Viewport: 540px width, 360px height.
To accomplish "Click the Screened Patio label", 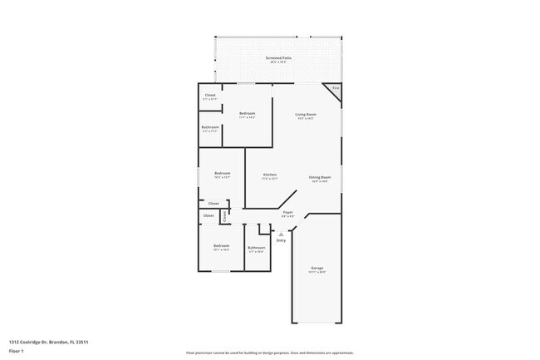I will coord(277,58).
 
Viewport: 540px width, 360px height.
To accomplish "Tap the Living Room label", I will coord(306,114).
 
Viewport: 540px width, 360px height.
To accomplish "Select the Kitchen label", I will coord(269,174).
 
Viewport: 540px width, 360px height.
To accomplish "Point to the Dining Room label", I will coord(320,177).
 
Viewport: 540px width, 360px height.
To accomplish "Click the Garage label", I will coord(317,268).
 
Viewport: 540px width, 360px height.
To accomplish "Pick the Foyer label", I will coord(287,212).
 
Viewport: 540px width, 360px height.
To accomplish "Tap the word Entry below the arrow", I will coord(281,240).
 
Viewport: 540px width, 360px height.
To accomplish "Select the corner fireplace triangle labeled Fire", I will coord(336,89).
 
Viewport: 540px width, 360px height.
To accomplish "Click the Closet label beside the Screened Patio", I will coord(210,96).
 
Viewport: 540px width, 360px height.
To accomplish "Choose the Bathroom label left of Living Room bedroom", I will coord(210,127).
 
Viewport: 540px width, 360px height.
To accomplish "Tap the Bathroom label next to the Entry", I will coord(256,247).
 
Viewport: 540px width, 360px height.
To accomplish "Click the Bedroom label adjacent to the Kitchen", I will coord(222,173).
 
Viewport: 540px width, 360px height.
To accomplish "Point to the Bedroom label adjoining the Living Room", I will coord(247,113).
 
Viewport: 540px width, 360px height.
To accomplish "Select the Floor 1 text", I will coord(17,350).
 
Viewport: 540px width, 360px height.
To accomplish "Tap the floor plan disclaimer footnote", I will coord(270,353).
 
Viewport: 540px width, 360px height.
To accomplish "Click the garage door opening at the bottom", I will coord(317,323).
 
